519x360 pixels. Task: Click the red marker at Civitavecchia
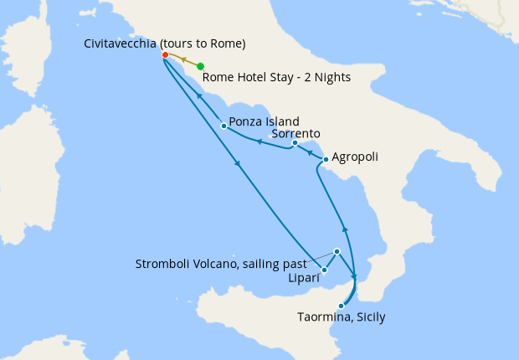(165, 55)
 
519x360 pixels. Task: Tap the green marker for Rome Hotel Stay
(200, 66)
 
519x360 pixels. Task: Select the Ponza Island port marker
(224, 126)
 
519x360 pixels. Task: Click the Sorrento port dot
(295, 143)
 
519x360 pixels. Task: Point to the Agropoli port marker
(325, 158)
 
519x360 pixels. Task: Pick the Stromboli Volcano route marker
(337, 251)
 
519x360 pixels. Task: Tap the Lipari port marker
(324, 270)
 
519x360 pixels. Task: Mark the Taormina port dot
(341, 306)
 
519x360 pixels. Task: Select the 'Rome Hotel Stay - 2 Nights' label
(276, 79)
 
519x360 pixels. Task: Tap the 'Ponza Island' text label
(264, 122)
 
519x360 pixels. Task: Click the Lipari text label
(303, 276)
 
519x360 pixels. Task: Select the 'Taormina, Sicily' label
(342, 317)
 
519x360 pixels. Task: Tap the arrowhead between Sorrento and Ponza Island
(259, 141)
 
